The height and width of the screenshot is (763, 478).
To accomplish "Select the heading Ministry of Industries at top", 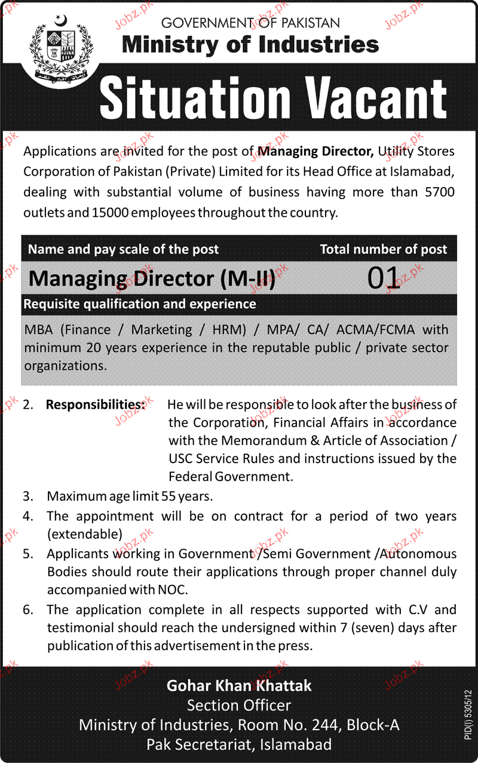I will click(x=250, y=44).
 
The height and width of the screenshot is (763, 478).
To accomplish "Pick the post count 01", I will click(x=383, y=278).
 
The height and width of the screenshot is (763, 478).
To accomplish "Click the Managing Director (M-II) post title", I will click(x=152, y=279).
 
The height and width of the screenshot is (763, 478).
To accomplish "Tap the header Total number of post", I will click(x=383, y=249).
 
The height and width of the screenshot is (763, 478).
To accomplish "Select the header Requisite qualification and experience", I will click(x=140, y=304).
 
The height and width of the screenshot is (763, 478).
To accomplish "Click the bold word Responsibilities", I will click(x=96, y=405).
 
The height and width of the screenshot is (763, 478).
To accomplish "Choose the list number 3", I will click(x=27, y=496).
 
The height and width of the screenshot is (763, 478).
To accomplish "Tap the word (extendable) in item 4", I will click(x=85, y=534).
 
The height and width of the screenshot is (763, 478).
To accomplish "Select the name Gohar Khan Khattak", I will click(x=239, y=685).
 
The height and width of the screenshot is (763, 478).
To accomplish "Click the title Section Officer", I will click(x=239, y=706).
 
